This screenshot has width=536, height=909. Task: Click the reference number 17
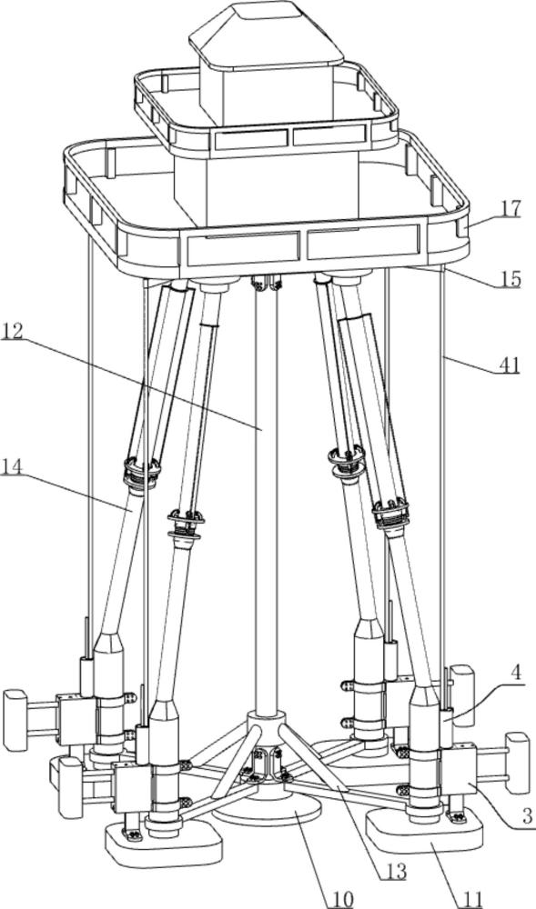click(x=510, y=209)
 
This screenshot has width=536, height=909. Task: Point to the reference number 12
click(x=12, y=332)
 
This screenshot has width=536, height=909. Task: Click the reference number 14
click(x=12, y=466)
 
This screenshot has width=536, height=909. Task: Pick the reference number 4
click(x=517, y=673)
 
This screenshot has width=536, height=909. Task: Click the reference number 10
click(x=341, y=899)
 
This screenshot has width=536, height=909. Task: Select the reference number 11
click(x=471, y=899)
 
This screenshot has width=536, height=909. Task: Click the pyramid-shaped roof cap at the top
click(x=270, y=33)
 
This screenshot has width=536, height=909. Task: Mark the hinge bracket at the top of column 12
click(x=266, y=284)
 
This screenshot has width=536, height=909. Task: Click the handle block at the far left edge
click(x=15, y=720)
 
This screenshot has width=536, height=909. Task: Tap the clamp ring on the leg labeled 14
click(x=142, y=472)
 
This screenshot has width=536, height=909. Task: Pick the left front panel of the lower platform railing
click(x=242, y=247)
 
